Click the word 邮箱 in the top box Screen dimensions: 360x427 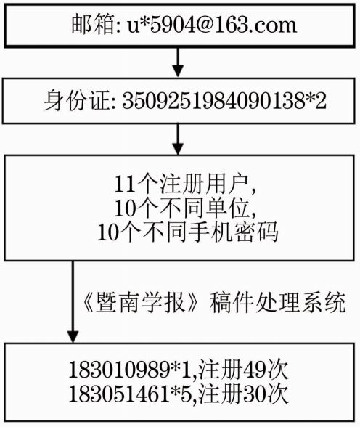click(92, 25)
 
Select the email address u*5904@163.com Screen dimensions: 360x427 click(212, 25)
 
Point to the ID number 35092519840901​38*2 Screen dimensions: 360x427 click(224, 102)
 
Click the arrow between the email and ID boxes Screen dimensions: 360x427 click(178, 62)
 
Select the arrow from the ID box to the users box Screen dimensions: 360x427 click(178, 139)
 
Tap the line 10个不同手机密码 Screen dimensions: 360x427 click(188, 232)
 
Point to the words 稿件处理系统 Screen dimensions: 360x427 click(277, 302)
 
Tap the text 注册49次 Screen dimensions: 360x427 click(243, 370)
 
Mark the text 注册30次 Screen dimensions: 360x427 click(243, 394)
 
